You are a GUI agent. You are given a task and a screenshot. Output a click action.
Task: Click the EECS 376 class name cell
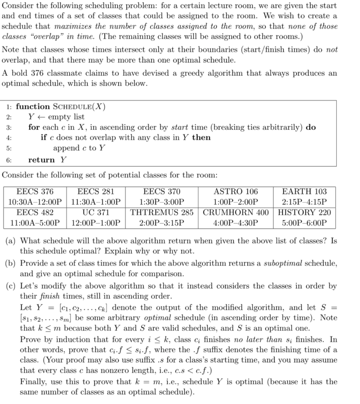[x=35, y=192]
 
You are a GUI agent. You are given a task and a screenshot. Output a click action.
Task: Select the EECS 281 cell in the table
[x=96, y=192]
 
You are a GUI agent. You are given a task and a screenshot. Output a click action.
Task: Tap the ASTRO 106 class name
[x=236, y=192]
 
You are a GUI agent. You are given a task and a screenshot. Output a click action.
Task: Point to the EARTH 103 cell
[x=305, y=192]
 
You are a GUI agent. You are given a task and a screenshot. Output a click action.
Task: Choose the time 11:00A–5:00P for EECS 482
[x=35, y=223]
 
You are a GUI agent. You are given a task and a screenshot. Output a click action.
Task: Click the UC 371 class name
[x=96, y=212]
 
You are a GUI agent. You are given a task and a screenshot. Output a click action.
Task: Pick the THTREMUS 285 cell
[x=162, y=212]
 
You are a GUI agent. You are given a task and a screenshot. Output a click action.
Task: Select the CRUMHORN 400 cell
[x=236, y=212]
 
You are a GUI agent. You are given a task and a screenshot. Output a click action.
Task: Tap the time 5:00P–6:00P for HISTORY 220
[x=305, y=223]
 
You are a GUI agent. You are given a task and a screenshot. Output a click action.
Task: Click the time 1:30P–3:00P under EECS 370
[x=162, y=202]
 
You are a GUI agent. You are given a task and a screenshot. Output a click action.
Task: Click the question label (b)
[x=11, y=263]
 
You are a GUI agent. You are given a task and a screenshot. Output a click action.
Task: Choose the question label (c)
[x=11, y=285]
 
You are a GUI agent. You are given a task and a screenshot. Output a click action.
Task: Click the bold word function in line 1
[x=33, y=107]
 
